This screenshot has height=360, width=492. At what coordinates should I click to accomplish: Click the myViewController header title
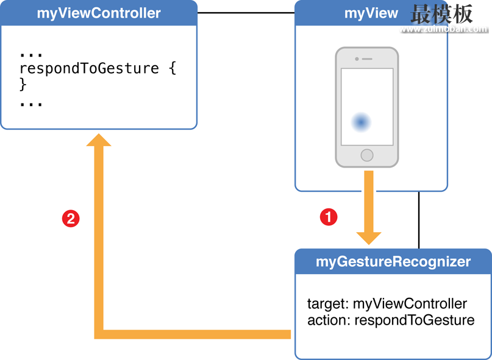point(99,13)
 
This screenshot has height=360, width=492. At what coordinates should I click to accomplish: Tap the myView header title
point(371,13)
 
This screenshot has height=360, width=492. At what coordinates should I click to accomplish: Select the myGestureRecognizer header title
point(393,261)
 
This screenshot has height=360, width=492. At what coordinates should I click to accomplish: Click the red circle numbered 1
point(329,217)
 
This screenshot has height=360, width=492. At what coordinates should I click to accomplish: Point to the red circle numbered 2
point(71,218)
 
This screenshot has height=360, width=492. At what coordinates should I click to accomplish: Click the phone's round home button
point(367,155)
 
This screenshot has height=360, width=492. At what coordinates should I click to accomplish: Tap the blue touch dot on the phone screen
point(361,122)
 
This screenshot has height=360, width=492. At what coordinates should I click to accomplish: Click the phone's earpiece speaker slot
point(367,59)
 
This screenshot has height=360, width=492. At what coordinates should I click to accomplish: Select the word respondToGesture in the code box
point(89,69)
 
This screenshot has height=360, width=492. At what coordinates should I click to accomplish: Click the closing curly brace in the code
point(23,84)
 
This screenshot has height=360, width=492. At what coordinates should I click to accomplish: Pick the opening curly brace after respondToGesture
point(173,69)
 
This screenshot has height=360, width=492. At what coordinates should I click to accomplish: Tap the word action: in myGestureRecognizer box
point(329,320)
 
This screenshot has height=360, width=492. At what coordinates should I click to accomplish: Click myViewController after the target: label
point(410,304)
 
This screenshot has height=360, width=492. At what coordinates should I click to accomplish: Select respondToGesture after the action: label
point(414,321)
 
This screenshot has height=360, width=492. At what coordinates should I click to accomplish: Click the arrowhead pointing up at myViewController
point(99,140)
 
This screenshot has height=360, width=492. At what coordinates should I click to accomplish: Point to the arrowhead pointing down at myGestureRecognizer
point(369,238)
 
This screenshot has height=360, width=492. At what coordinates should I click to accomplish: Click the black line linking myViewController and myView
point(246,13)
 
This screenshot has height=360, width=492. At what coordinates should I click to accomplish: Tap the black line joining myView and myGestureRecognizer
point(419,220)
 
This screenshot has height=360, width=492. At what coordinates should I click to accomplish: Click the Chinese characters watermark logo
point(441,14)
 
